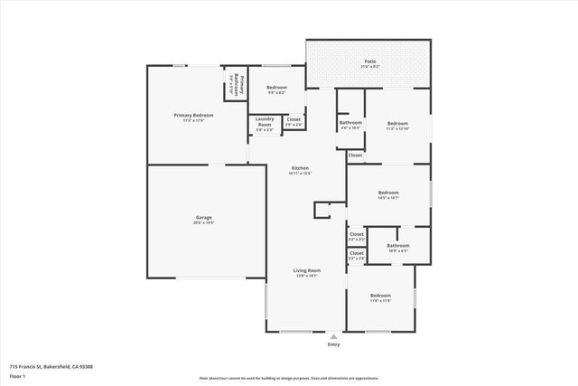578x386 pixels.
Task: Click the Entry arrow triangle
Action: click(333, 335)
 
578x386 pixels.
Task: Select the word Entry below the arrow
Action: click(333, 344)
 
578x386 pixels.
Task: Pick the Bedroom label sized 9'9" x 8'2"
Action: click(276, 88)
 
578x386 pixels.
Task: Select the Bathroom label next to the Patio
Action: click(350, 123)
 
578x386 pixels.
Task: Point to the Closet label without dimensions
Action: click(356, 155)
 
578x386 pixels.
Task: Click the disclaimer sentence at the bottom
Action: click(289, 379)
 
